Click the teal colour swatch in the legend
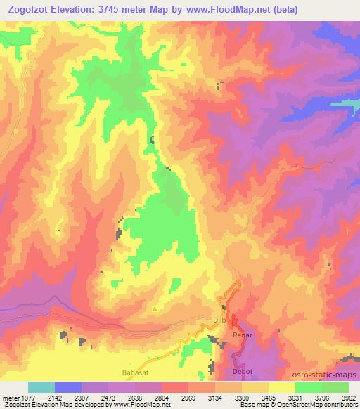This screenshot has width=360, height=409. point(42,387)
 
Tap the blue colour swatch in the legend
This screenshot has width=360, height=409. point(68,387)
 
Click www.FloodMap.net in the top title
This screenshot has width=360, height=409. point(215,11)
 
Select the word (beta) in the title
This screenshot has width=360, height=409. point(265,11)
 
